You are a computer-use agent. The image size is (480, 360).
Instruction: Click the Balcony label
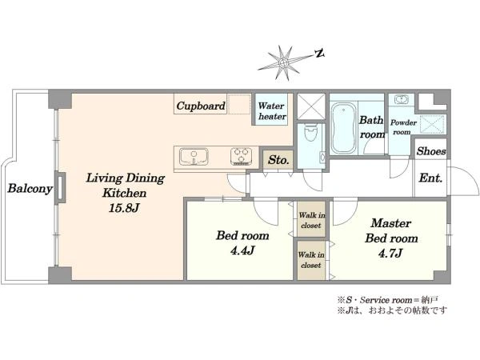30,188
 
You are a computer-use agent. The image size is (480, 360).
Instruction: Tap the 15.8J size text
124,209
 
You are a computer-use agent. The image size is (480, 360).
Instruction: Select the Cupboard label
201,106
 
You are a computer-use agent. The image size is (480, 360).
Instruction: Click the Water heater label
272,111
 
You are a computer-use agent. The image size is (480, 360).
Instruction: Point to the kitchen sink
194,157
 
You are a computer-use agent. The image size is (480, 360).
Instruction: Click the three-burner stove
242,157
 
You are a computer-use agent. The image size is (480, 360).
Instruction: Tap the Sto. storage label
278,160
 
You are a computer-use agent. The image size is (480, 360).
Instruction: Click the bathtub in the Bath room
343,128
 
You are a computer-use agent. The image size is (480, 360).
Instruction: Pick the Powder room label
403,127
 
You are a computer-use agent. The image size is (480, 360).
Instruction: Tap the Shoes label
431,151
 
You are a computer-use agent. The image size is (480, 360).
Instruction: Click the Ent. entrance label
430,178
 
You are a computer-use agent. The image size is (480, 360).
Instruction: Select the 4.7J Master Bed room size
390,254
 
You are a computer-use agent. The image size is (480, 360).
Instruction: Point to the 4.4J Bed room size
242,251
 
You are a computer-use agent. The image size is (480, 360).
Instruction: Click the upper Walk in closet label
312,221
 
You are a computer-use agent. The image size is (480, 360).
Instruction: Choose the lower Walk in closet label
311,260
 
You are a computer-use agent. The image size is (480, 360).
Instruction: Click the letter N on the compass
319,54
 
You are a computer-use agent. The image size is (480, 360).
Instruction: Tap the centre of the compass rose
283,63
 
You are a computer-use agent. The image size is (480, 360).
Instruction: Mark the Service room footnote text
389,300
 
